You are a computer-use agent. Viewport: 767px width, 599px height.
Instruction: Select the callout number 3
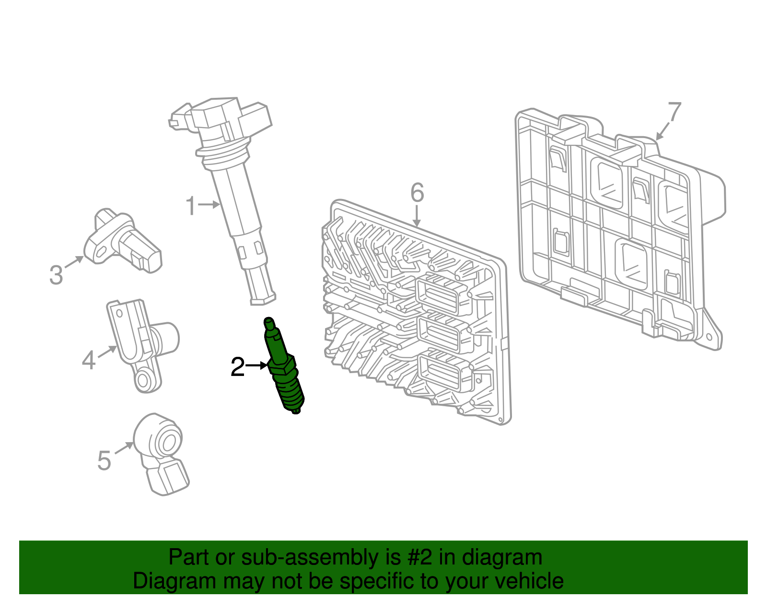click(56, 275)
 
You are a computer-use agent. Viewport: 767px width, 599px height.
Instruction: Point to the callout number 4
click(89, 360)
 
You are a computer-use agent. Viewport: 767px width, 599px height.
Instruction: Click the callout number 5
click(104, 460)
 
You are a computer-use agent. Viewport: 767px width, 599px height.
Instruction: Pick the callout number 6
click(417, 193)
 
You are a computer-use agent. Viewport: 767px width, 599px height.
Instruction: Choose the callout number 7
click(674, 112)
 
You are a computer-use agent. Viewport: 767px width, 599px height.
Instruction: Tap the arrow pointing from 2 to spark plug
click(257, 365)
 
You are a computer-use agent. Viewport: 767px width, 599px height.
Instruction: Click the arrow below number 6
click(417, 216)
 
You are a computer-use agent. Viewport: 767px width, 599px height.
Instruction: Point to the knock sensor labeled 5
click(162, 451)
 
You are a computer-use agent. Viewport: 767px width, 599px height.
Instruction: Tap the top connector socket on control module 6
click(440, 293)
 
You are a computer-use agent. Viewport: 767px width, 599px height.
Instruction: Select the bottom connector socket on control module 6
click(440, 373)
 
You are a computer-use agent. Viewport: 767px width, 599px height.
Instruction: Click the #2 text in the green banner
click(419, 557)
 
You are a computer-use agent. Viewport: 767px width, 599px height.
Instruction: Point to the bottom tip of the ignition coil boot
click(263, 300)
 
